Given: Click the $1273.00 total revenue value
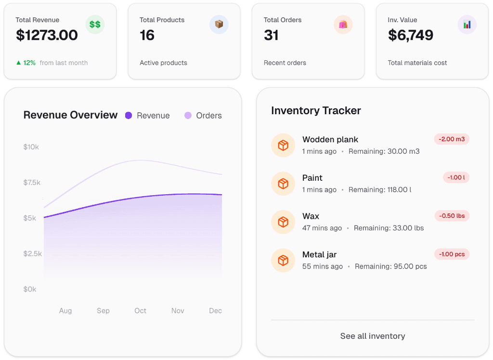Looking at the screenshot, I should click(47, 35).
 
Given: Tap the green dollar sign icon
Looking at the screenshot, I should click(95, 25).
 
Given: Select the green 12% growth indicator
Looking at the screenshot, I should click(26, 63).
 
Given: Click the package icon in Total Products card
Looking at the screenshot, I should click(219, 25).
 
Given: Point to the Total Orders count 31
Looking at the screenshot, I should click(271, 35).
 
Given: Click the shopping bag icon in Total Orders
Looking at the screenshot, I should click(343, 25).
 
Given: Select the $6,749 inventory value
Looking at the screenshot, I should click(410, 35).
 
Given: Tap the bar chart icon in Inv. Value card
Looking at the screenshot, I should click(467, 25).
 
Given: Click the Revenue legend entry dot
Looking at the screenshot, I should click(129, 116).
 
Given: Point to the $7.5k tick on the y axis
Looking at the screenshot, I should click(32, 183).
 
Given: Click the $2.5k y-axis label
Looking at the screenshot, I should click(32, 253).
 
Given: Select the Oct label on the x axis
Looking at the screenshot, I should click(140, 311).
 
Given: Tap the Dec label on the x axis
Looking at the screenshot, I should click(215, 311).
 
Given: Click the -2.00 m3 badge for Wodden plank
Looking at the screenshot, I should click(452, 139).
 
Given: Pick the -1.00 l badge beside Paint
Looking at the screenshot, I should click(456, 177).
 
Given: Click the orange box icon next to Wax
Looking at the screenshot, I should click(283, 222).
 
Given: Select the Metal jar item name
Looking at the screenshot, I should click(319, 254).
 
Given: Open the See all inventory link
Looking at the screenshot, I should click(372, 336).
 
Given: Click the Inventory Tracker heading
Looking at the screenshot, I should click(316, 111).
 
